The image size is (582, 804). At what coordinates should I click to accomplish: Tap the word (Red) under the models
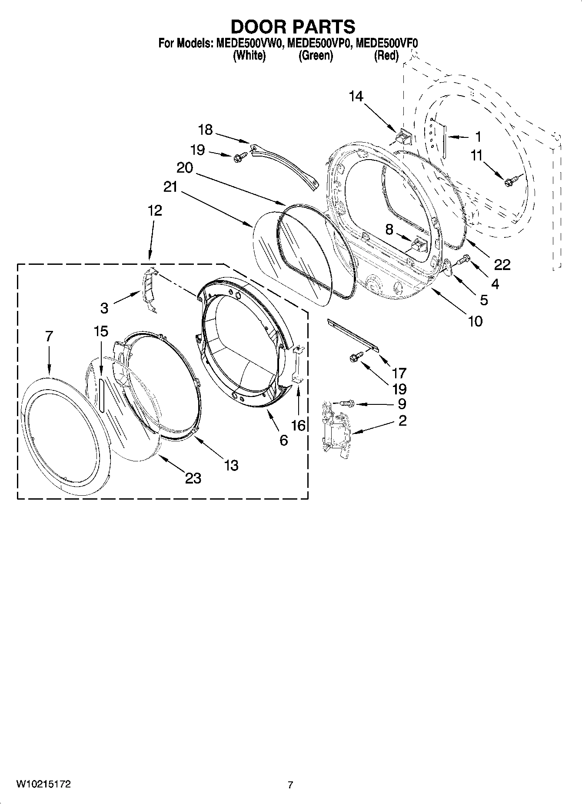click(x=386, y=56)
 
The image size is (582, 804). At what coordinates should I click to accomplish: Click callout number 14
click(x=356, y=97)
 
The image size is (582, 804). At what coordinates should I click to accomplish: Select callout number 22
click(x=502, y=264)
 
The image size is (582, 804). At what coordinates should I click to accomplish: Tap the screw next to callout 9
click(x=346, y=404)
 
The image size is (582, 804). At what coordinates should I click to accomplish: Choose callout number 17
click(x=399, y=373)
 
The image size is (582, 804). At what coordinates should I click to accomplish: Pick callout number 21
click(x=170, y=187)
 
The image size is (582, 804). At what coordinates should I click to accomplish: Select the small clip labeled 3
click(x=148, y=289)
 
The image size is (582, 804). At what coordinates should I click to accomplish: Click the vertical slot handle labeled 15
click(x=101, y=394)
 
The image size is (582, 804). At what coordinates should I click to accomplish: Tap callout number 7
click(x=49, y=336)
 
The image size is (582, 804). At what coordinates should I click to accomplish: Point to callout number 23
click(x=193, y=478)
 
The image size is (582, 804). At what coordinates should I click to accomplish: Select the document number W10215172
click(x=43, y=784)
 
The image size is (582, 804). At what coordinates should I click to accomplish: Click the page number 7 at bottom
click(x=290, y=785)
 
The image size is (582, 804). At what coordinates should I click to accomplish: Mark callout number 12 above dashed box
click(x=154, y=210)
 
